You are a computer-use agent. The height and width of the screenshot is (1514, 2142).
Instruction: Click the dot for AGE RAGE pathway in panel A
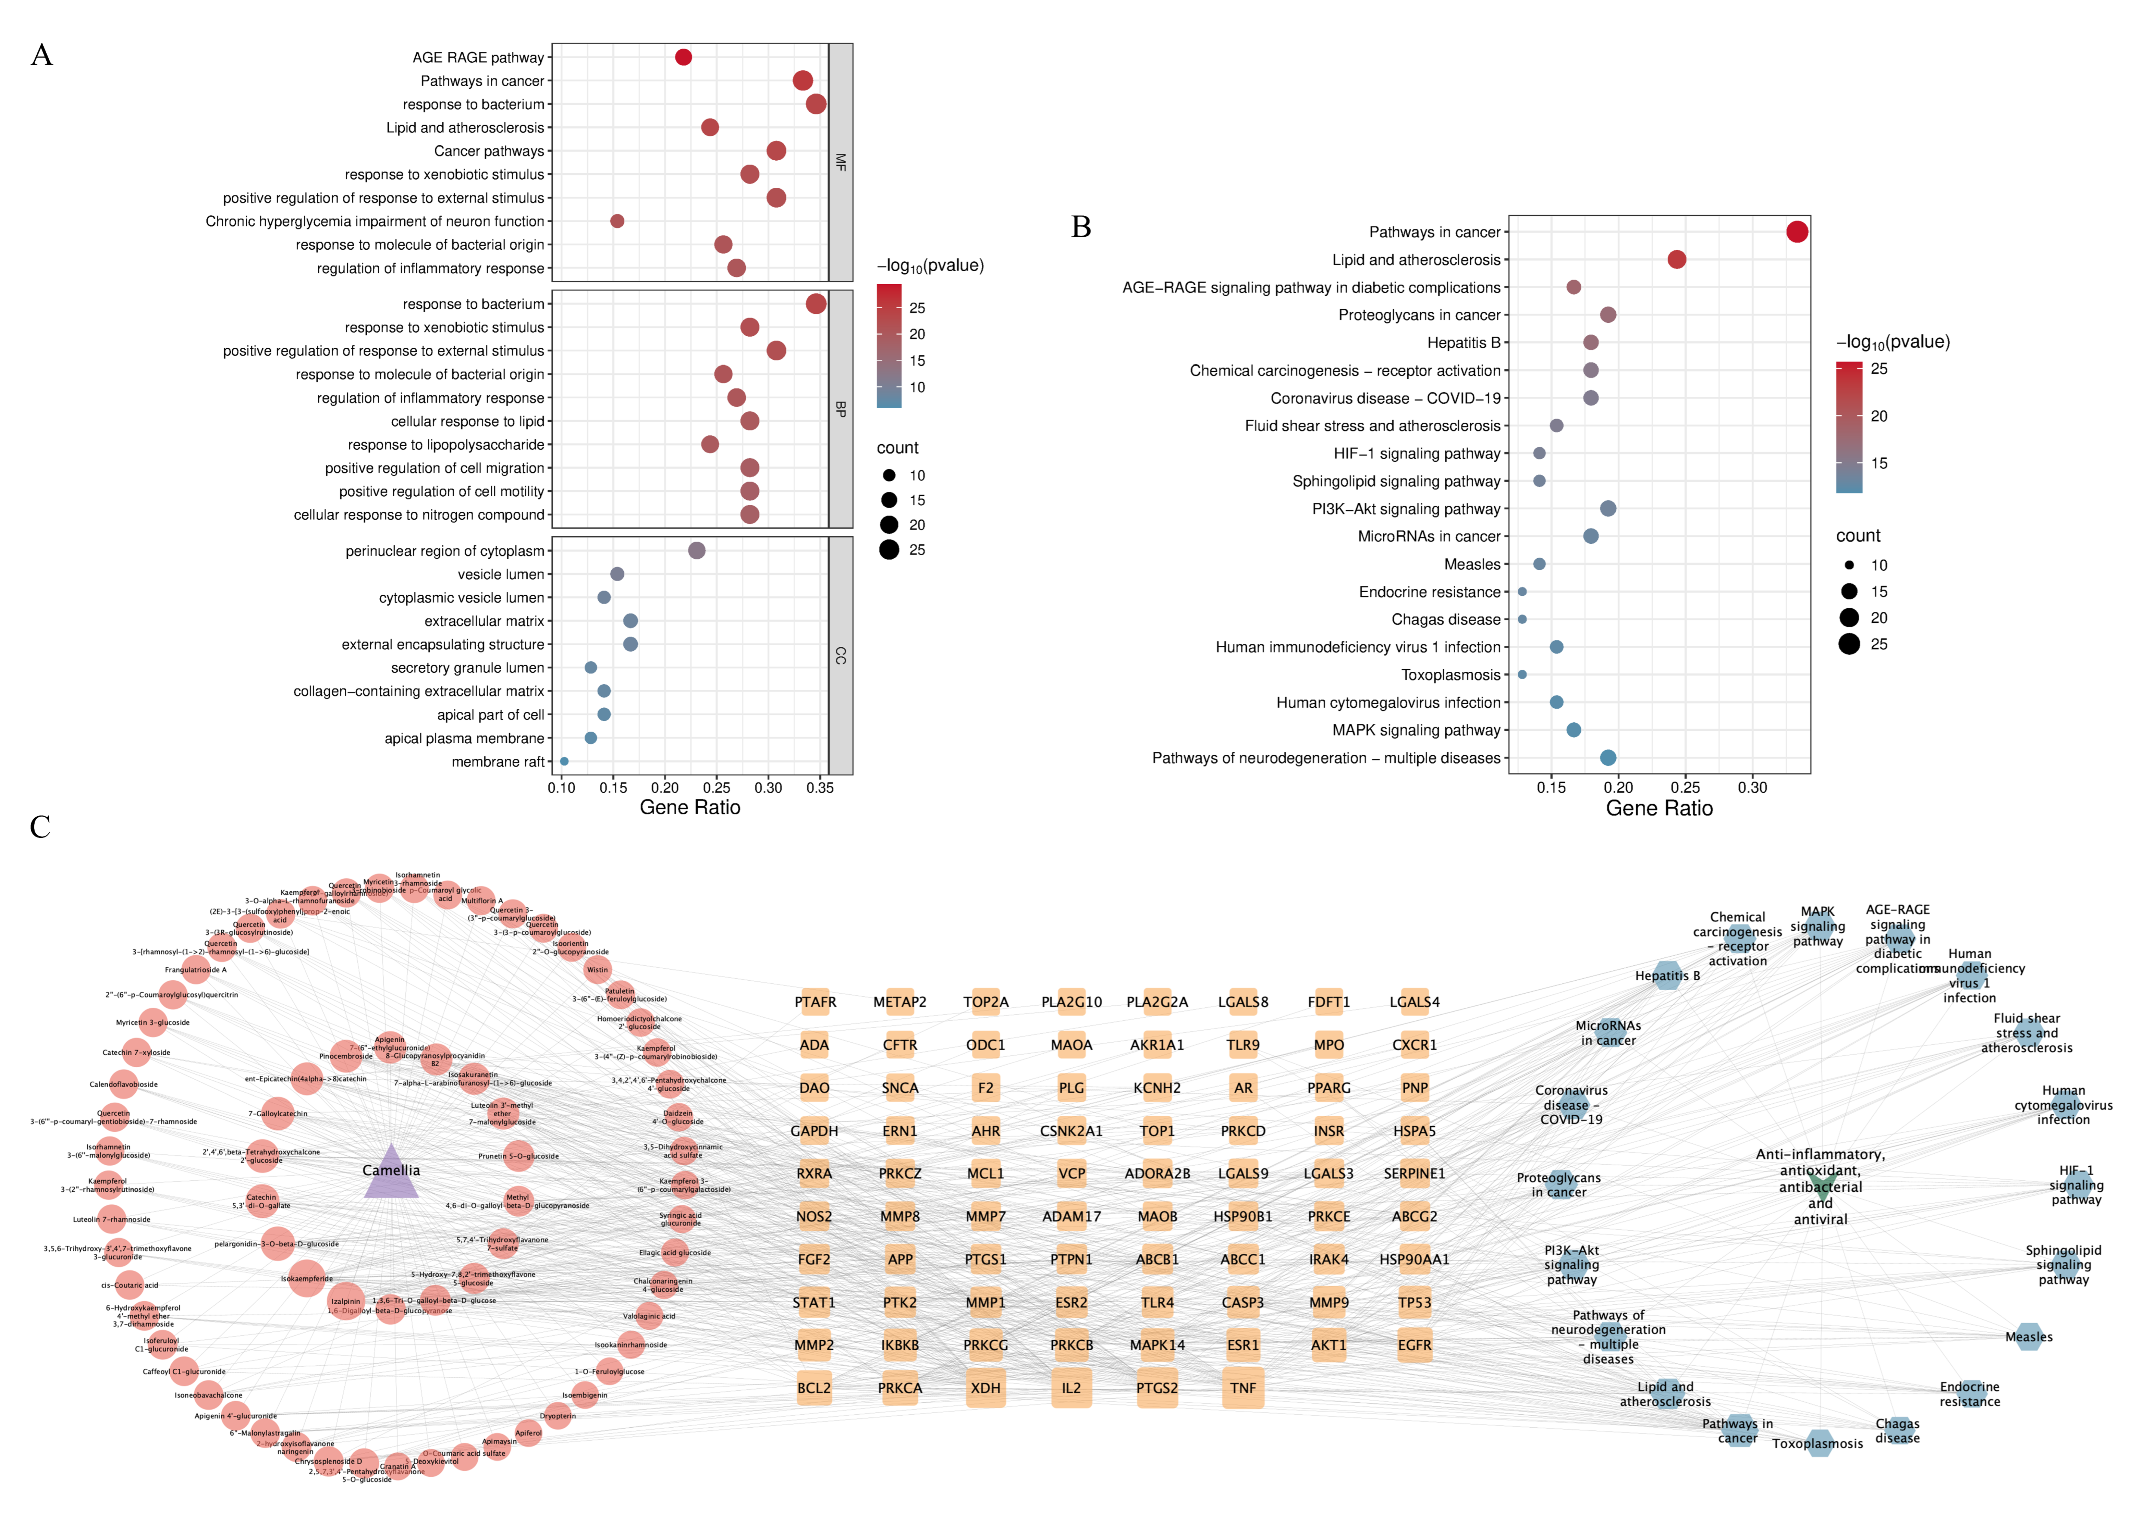pyautogui.click(x=683, y=57)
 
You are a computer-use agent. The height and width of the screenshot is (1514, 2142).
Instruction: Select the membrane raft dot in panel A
pyautogui.click(x=563, y=761)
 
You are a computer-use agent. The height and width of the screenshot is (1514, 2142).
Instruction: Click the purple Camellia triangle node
pyautogui.click(x=391, y=1172)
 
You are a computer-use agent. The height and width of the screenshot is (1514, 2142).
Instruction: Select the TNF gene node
pyautogui.click(x=1243, y=1388)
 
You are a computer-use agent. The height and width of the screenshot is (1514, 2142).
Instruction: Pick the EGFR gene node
pyautogui.click(x=1414, y=1345)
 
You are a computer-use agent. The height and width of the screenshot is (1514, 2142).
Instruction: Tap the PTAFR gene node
pyautogui.click(x=815, y=1002)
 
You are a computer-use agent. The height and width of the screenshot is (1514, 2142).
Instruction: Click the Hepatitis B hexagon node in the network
pyautogui.click(x=1667, y=976)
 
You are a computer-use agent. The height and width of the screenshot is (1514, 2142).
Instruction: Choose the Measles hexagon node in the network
pyautogui.click(x=2028, y=1337)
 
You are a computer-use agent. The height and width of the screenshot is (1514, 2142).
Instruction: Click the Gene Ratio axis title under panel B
pyautogui.click(x=1659, y=809)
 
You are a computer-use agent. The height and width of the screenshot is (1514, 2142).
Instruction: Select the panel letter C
pyautogui.click(x=40, y=827)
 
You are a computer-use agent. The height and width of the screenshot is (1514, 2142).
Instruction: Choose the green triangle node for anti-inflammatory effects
pyautogui.click(x=1820, y=1187)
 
